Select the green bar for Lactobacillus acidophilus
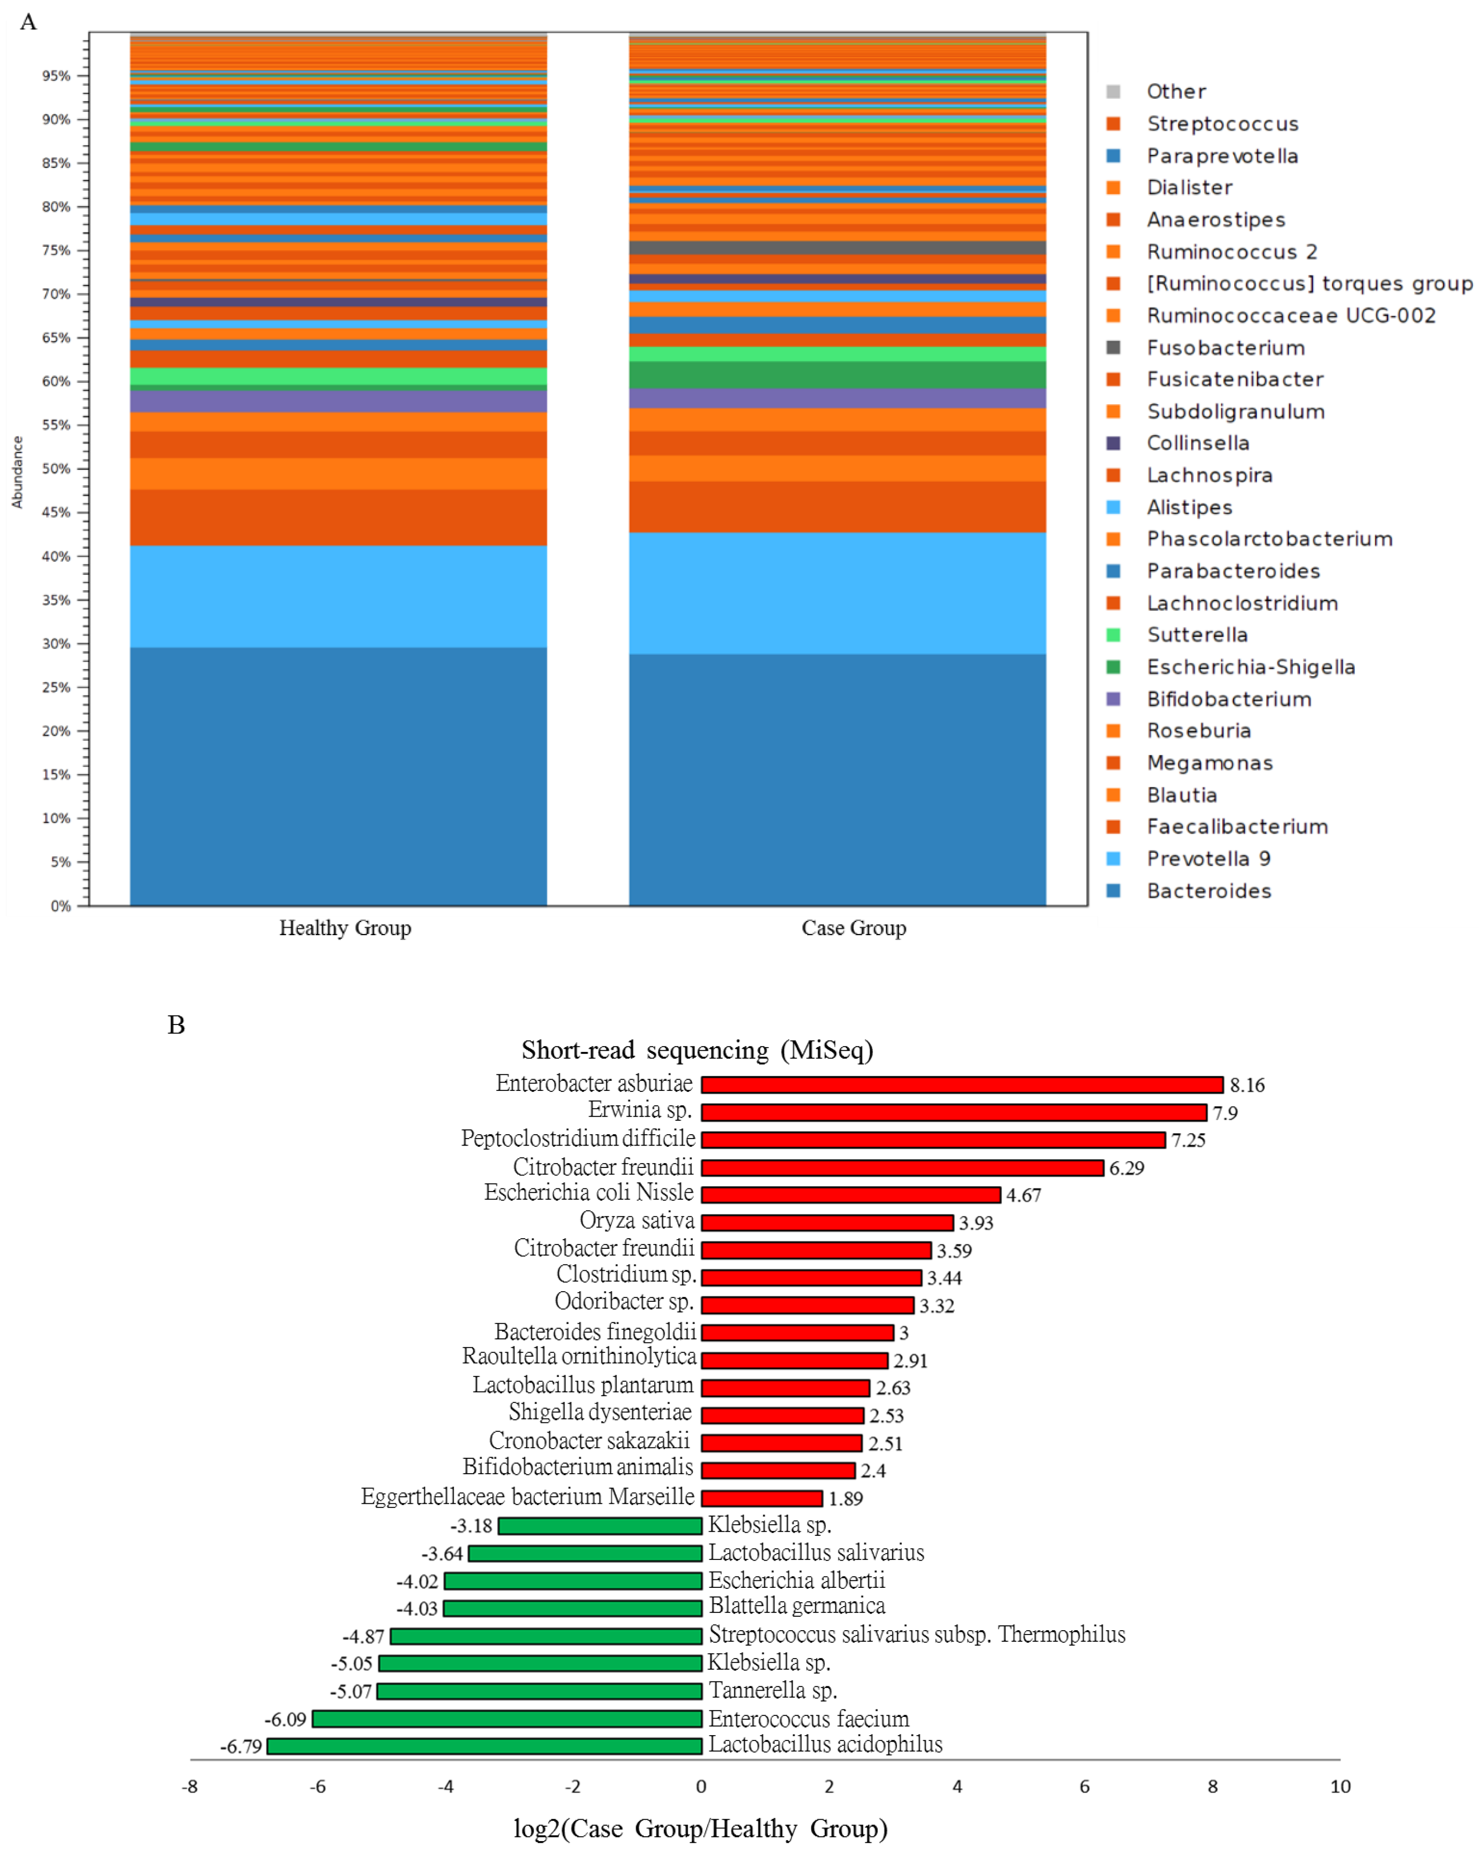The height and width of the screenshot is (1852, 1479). (x=485, y=1746)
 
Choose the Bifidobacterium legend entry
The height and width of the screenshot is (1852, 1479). (x=1228, y=699)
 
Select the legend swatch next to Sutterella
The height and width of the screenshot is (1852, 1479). (x=1113, y=635)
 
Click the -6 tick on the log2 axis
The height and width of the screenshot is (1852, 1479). (x=318, y=1787)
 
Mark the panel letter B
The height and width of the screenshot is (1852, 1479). (x=176, y=1025)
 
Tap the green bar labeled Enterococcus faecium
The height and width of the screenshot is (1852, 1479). (x=507, y=1719)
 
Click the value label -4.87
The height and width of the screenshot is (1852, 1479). (x=363, y=1636)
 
